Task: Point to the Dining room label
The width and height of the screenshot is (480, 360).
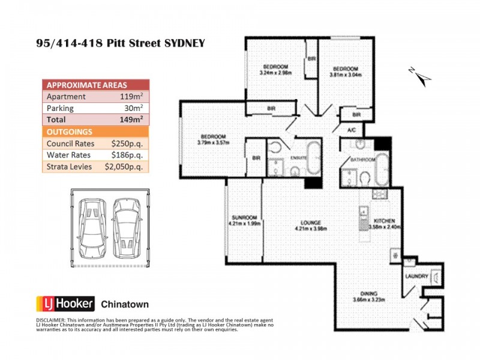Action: coord(368,293)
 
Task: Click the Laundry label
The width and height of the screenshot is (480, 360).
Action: coord(416,277)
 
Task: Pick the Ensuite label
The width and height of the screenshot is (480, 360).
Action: coord(298,158)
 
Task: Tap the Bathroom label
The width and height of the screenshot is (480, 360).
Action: coord(364,160)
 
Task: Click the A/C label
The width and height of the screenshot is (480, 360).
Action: coord(352,129)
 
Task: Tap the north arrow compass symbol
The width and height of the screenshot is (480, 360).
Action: coord(419,74)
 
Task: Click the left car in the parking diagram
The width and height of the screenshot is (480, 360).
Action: coord(92,226)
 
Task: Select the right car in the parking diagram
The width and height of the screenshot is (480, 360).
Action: coord(125,226)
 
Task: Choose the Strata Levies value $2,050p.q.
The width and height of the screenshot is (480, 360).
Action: coord(124,167)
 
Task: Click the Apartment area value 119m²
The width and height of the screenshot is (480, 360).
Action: coord(131,96)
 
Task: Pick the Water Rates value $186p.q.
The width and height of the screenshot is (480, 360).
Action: coord(127,155)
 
